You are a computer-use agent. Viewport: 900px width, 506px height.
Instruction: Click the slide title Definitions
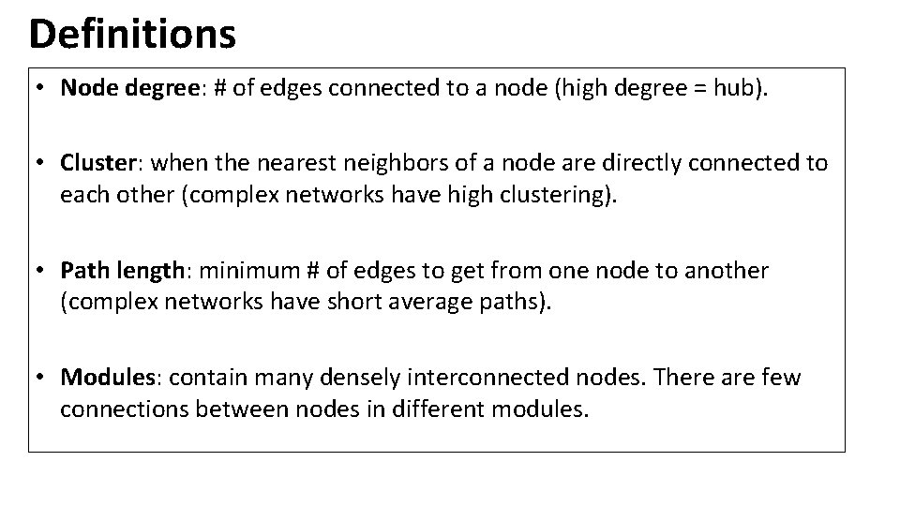132,35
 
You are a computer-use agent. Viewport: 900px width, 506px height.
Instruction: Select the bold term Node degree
125,88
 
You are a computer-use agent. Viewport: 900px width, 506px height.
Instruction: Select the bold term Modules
105,378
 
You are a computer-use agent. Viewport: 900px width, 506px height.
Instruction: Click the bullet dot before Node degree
42,88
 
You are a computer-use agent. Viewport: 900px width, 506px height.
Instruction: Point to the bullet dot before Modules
42,378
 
